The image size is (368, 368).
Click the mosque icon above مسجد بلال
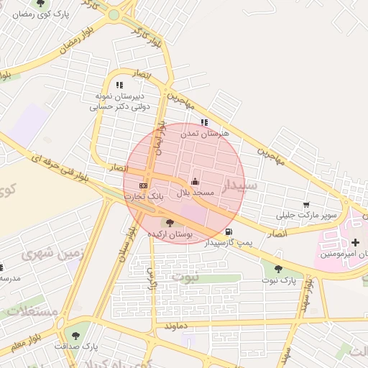(195, 181)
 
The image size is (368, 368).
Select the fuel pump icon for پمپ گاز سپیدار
(229, 231)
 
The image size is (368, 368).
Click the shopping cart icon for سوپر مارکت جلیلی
(307, 205)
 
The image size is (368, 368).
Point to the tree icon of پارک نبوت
(278, 269)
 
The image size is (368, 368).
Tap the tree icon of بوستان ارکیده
(170, 224)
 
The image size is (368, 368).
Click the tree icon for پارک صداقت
(75, 335)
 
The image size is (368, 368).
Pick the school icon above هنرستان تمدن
(204, 122)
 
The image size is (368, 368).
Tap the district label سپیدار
(239, 186)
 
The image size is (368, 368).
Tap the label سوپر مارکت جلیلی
(307, 216)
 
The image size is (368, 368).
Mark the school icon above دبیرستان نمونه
(119, 85)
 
